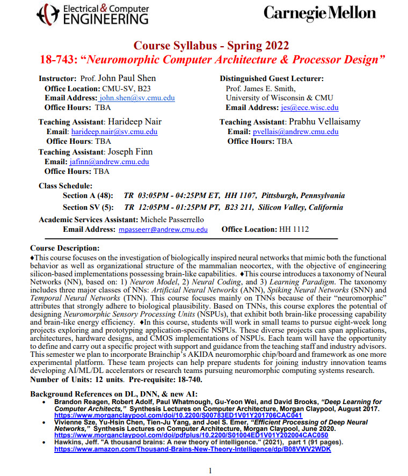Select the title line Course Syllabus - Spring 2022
(x=210, y=45)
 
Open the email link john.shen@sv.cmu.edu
(x=137, y=98)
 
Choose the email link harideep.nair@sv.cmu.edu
(x=114, y=131)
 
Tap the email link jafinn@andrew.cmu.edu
(x=109, y=162)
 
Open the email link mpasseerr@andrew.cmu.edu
(x=163, y=229)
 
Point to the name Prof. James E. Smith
(x=260, y=89)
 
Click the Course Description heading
(x=65, y=248)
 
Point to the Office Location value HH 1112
(x=294, y=229)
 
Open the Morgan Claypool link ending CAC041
(x=178, y=415)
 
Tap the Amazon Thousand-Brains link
(x=192, y=449)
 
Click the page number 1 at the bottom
(x=210, y=471)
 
